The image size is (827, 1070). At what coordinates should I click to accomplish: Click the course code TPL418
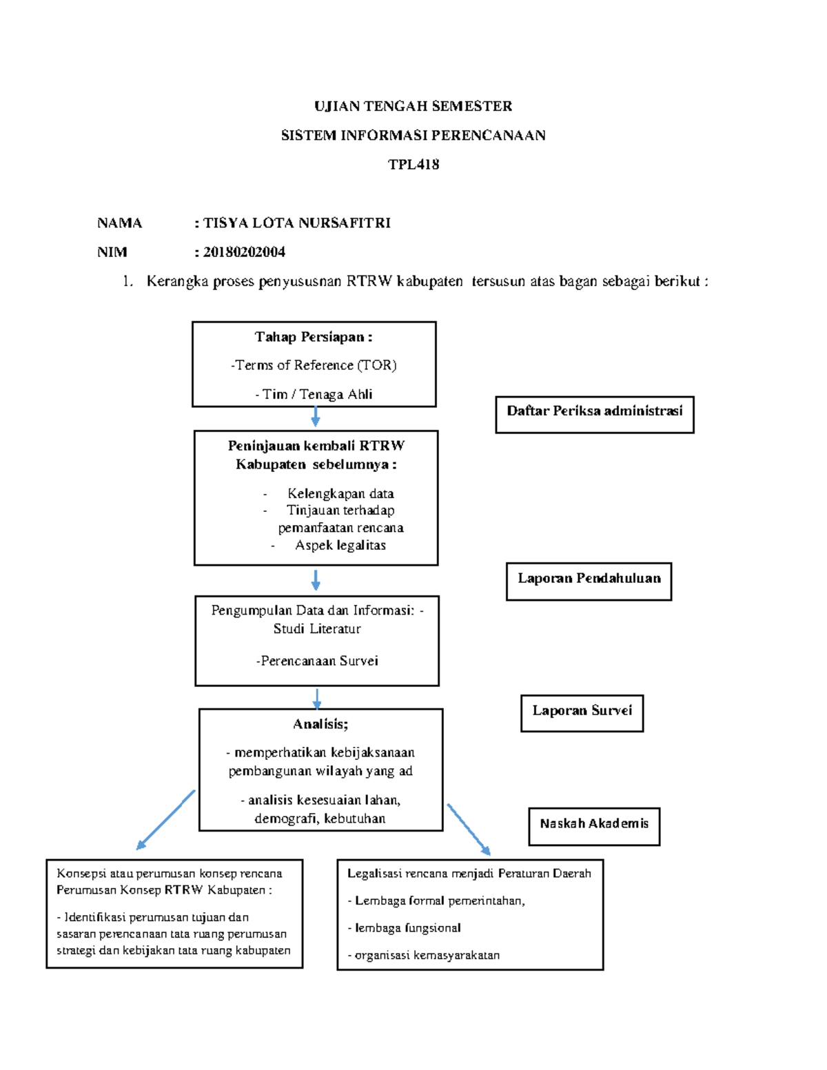(413, 165)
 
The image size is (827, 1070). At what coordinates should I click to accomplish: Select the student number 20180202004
(244, 252)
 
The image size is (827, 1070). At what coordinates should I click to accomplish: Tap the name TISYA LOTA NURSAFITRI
(297, 223)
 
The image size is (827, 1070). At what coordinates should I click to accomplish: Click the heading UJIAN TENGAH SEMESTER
(413, 106)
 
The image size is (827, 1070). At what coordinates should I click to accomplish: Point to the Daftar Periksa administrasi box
(595, 414)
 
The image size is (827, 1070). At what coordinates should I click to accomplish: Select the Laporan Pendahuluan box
(589, 581)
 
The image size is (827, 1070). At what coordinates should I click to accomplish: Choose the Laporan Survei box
(582, 712)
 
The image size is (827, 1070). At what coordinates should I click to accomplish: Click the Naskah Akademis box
(594, 825)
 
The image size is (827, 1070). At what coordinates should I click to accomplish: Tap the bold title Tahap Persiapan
(314, 337)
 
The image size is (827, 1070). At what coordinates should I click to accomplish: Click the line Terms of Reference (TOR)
(314, 365)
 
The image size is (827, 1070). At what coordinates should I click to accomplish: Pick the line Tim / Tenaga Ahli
(314, 394)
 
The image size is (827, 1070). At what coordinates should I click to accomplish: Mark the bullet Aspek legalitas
(340, 545)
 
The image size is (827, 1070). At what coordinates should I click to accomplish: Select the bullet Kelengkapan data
(340, 493)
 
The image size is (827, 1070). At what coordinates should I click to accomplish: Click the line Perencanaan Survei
(317, 661)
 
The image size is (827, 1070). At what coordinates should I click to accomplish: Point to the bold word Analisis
(320, 724)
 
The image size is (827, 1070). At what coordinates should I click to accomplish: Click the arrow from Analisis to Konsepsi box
(165, 820)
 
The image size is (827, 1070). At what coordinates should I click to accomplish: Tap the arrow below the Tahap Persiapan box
(315, 417)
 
